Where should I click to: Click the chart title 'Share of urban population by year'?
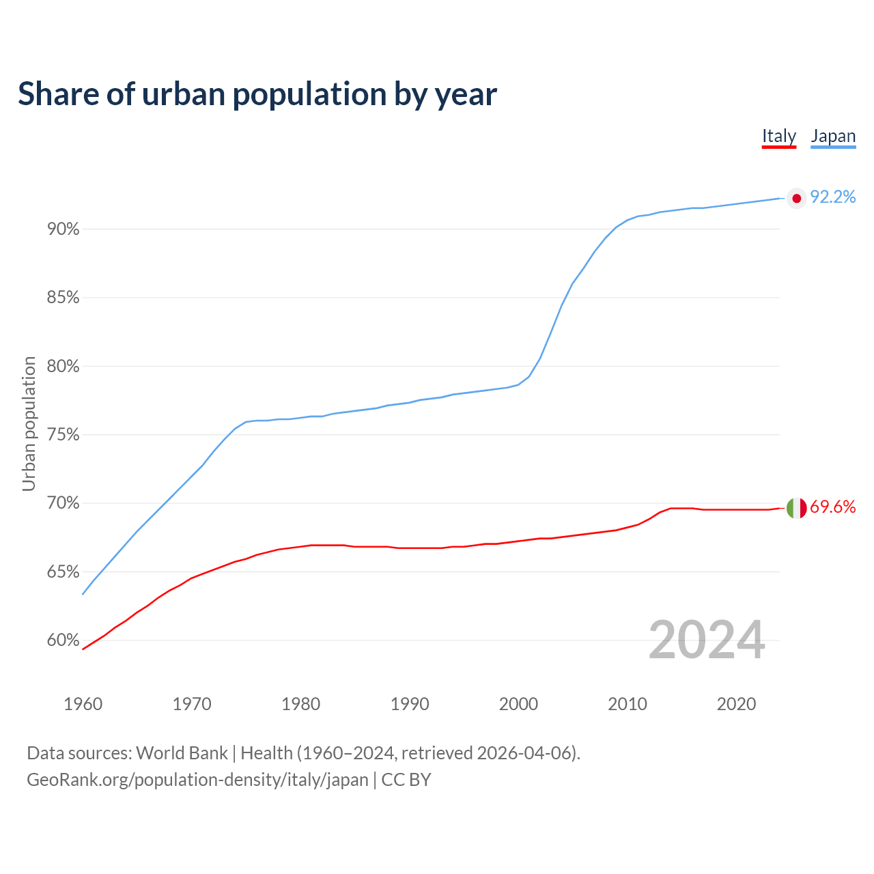pos(257,94)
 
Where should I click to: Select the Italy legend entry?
pos(779,136)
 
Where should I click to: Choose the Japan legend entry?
pos(833,136)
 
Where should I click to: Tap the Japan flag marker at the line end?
pos(796,198)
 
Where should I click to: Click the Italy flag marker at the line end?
pos(796,508)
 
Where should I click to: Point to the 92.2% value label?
pos(832,197)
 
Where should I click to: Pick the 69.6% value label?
pos(832,507)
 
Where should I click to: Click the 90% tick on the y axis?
pos(64,229)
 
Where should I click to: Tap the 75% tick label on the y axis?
pos(64,435)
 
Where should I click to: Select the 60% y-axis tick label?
pos(64,640)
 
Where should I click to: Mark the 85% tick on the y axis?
pos(64,298)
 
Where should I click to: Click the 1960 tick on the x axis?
pos(83,704)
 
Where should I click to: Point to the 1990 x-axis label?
pos(410,704)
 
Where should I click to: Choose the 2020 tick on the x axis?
pos(736,704)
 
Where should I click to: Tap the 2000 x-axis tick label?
pos(518,704)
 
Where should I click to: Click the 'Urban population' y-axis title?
pos(29,423)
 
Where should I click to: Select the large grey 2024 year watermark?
pos(707,640)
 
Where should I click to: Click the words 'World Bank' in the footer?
pos(182,753)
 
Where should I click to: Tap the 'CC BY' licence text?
pos(406,780)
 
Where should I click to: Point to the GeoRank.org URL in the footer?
pos(197,780)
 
